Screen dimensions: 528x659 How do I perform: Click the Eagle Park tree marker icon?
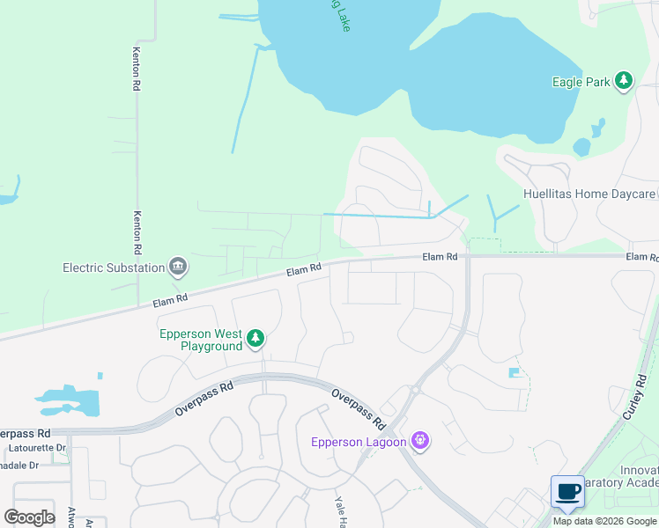(x=624, y=82)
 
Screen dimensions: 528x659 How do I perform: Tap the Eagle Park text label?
(x=581, y=82)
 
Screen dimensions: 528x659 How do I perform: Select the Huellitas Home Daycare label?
(x=589, y=194)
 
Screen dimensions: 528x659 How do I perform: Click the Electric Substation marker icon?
(x=178, y=267)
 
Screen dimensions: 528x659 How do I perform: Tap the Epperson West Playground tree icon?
(x=255, y=339)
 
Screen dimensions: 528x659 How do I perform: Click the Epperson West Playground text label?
(x=201, y=340)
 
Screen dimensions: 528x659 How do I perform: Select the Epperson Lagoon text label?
(x=358, y=442)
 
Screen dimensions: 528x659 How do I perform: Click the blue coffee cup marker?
(x=567, y=491)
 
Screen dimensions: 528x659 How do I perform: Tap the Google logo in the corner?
(x=29, y=517)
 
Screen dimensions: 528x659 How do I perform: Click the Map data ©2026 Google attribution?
(x=604, y=521)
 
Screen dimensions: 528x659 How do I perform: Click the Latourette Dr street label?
(x=33, y=448)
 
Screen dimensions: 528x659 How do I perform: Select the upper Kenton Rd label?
(x=137, y=69)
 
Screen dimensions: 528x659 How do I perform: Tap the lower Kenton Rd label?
(x=137, y=231)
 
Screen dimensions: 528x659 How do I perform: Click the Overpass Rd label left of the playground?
(x=204, y=399)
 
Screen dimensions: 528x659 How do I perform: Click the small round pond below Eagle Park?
(x=581, y=147)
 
